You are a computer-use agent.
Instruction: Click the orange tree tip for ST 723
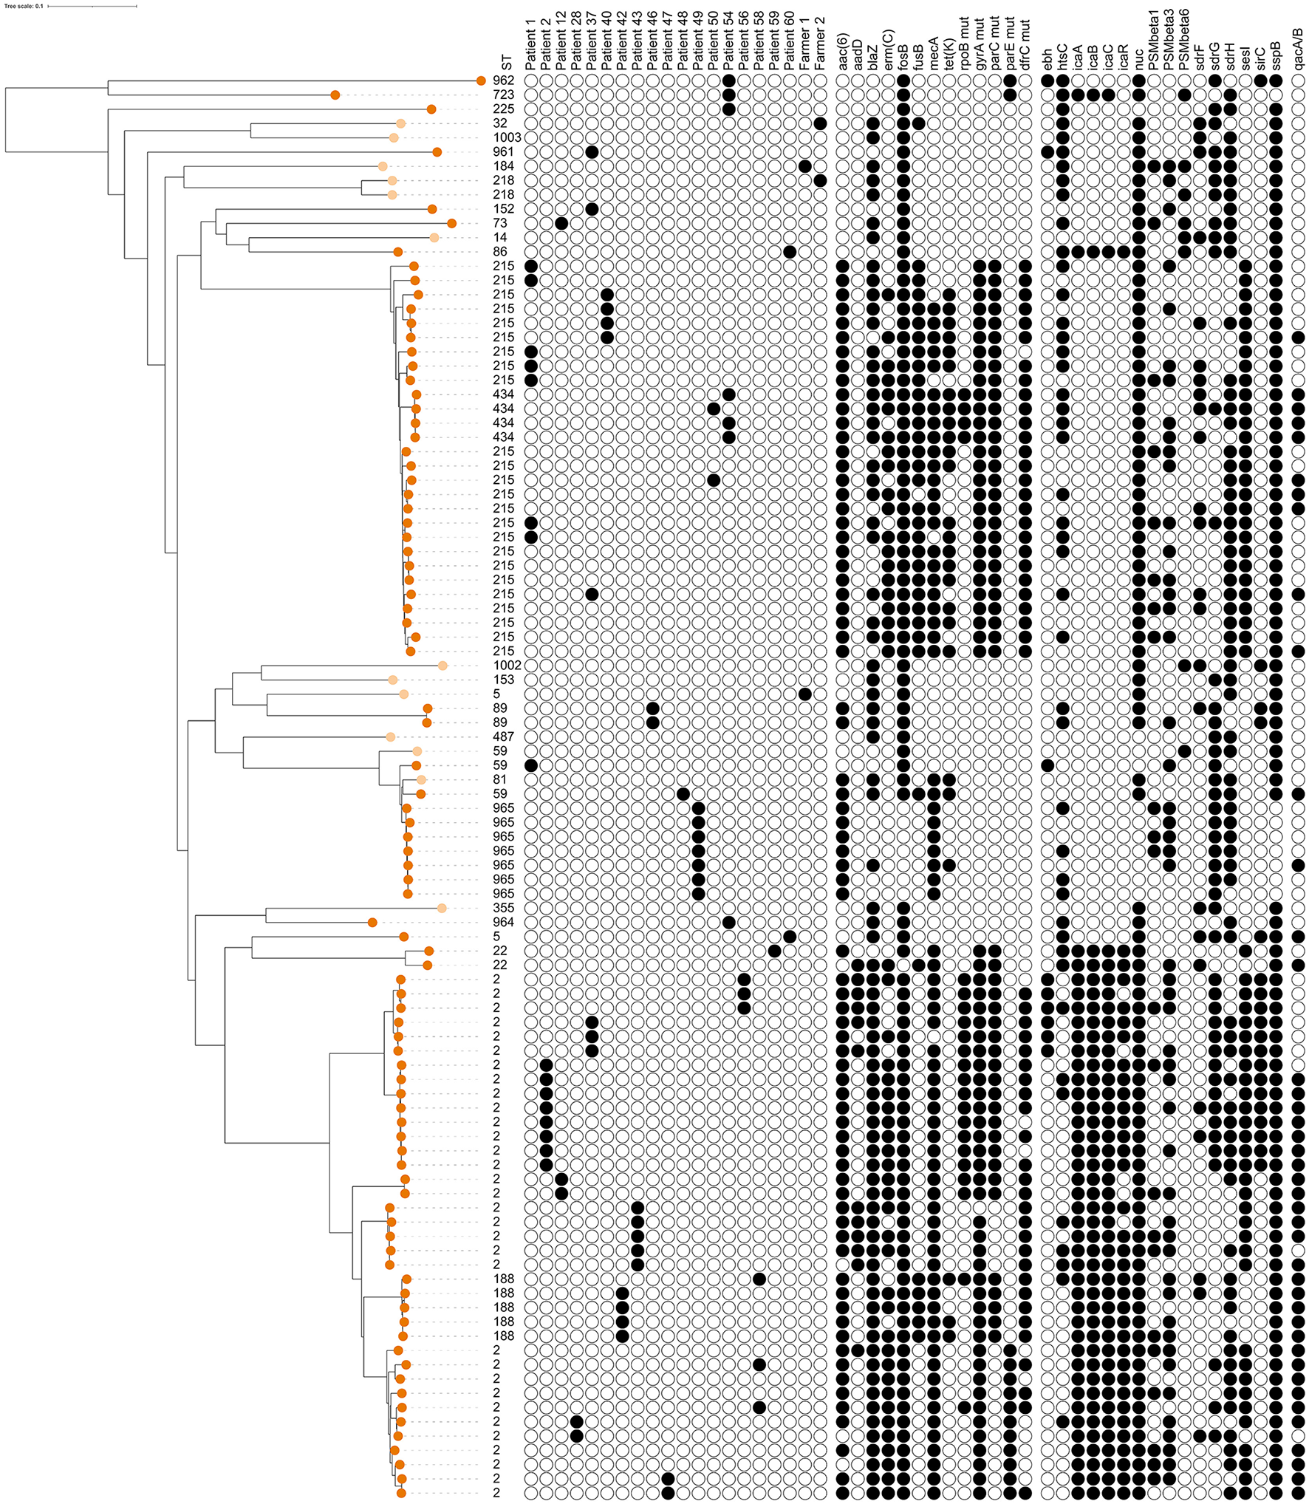click(335, 95)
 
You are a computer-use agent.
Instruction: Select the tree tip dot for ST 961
click(437, 152)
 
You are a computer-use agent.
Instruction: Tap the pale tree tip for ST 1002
click(442, 666)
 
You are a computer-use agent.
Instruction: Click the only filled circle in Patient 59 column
click(774, 951)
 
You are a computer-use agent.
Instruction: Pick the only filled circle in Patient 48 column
click(683, 793)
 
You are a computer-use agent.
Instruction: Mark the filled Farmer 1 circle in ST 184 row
click(805, 166)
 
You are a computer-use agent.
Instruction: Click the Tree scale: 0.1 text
click(24, 6)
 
